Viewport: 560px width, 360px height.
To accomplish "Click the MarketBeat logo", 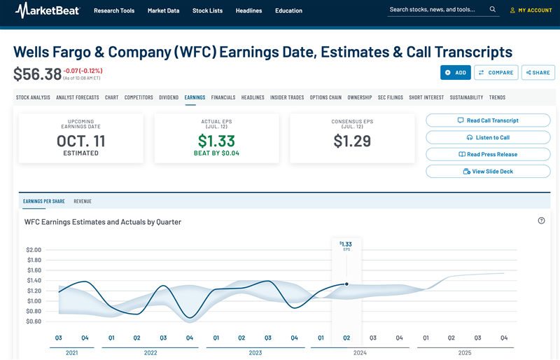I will pos(48,11).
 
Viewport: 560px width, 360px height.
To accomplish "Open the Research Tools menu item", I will pos(114,11).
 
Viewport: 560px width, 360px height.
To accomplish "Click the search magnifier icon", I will pos(493,10).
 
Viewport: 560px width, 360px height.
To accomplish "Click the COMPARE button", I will pos(496,72).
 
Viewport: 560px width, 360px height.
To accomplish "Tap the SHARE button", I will pos(538,72).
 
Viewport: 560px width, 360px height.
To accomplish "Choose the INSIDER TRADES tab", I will pos(287,97).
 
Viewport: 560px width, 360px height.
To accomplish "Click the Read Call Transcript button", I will pos(483,120).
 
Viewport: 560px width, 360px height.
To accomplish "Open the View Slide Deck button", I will pos(483,171).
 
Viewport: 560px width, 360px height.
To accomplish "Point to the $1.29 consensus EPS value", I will pos(352,141).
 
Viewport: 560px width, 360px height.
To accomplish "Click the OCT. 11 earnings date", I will pos(81,141).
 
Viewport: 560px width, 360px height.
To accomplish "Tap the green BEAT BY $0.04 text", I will pos(216,153).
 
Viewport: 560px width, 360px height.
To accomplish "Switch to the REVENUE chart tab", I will pos(83,201).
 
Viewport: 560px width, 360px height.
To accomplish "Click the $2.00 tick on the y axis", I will pos(34,249).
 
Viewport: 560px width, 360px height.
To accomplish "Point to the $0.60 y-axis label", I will pos(34,321).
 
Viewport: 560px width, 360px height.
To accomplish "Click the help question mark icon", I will pos(541,221).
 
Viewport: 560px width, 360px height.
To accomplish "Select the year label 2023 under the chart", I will pos(255,353).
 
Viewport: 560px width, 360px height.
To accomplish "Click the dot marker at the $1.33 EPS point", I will pos(346,284).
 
